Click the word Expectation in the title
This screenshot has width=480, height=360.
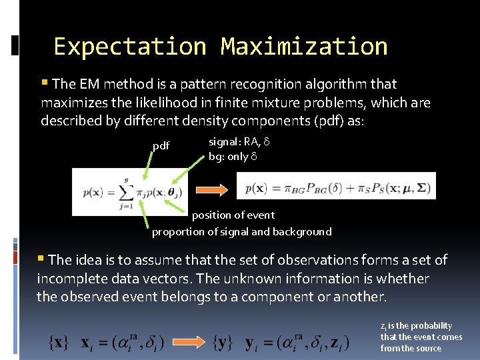[130, 47]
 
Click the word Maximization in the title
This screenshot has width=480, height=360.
[304, 47]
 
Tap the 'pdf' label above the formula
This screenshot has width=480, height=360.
[161, 146]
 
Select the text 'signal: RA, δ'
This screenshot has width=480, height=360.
[239, 141]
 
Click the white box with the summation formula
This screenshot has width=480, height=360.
[129, 191]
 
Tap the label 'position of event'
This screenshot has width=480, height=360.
[233, 215]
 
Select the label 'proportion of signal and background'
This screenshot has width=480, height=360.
[241, 231]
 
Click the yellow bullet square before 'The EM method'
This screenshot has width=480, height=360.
[44, 83]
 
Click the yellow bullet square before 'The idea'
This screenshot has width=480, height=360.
[41, 259]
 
